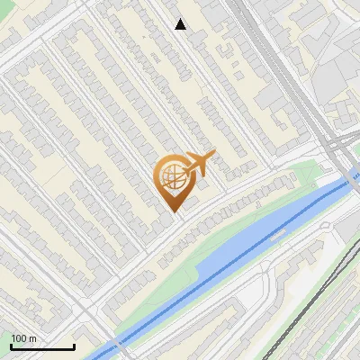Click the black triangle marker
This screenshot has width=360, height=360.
click(x=181, y=24)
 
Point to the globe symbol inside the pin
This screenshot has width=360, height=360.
click(x=171, y=176)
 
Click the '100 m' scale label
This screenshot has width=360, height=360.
click(x=23, y=338)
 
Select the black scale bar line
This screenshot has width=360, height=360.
click(x=42, y=346)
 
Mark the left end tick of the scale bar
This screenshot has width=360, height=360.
click(x=11, y=345)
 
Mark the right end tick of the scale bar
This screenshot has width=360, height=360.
click(x=74, y=345)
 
